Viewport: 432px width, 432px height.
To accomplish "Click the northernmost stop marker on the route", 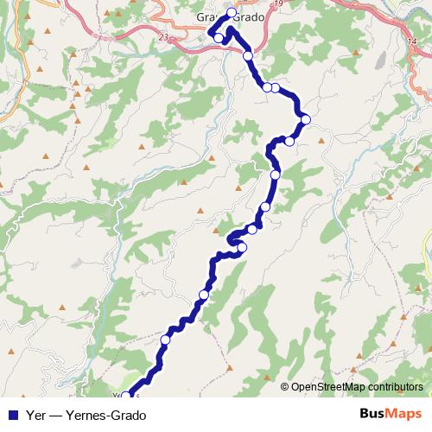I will coord(232,12).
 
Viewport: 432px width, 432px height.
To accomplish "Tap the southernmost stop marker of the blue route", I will coord(126,396).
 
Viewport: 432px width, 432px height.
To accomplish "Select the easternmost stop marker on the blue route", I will coord(305,119).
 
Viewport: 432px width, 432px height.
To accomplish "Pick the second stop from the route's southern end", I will coord(164,340).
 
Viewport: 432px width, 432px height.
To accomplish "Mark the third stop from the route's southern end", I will coord(204,295).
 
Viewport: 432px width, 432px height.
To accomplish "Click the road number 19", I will coord(278,4).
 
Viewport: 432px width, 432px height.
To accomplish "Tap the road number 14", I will coord(409,41).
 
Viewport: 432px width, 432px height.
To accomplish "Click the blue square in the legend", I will coord(12,414).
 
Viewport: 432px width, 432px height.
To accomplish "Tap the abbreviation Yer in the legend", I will coord(36,414).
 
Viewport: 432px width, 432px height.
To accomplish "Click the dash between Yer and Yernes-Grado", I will coord(54,414).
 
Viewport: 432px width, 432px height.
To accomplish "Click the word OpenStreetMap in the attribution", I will coord(328,387).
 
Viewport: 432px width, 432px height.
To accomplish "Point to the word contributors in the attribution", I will coord(394,387).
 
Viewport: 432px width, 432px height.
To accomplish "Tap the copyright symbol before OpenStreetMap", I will coord(284,387).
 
